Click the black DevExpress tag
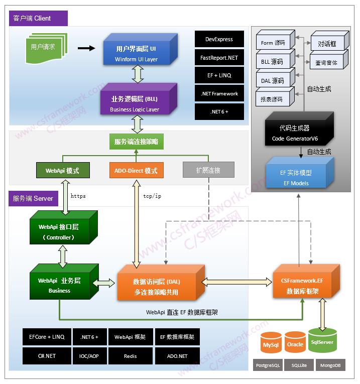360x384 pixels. coord(219,39)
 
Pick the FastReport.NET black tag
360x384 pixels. coord(219,58)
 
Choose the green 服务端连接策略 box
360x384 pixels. coord(136,142)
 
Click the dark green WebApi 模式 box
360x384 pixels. coord(62,171)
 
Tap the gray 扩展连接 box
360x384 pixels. coord(208,171)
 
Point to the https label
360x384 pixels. coord(78,196)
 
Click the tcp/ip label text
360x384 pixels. coord(152,196)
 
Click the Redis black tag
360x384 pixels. coord(130,356)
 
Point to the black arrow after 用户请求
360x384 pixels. coord(86,48)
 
